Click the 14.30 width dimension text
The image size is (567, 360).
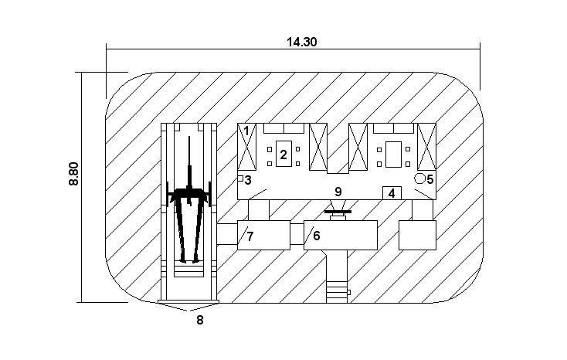coord(301,42)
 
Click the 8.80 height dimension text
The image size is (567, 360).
coord(73,174)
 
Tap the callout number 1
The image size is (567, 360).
coord(246,131)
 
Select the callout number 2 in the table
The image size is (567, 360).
coord(283,155)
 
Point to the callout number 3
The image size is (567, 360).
coord(248,180)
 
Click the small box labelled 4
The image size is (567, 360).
coord(392,193)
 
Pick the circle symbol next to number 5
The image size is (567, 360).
coord(419,178)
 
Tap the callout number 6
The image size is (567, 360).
coord(317,236)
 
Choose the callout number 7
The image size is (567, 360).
coord(250,236)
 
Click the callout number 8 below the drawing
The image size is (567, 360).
coord(200,320)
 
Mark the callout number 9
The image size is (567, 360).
coord(338,192)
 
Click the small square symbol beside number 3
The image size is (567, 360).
coord(240,178)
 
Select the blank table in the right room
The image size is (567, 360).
coord(393,155)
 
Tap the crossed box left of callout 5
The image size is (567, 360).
coord(426,147)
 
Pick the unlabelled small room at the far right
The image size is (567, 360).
coord(417,235)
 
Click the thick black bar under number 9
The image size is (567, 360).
coord(338,212)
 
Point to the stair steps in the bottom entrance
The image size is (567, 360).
coord(337,291)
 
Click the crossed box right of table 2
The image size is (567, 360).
coord(318,147)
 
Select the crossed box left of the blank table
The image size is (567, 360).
coord(358,147)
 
